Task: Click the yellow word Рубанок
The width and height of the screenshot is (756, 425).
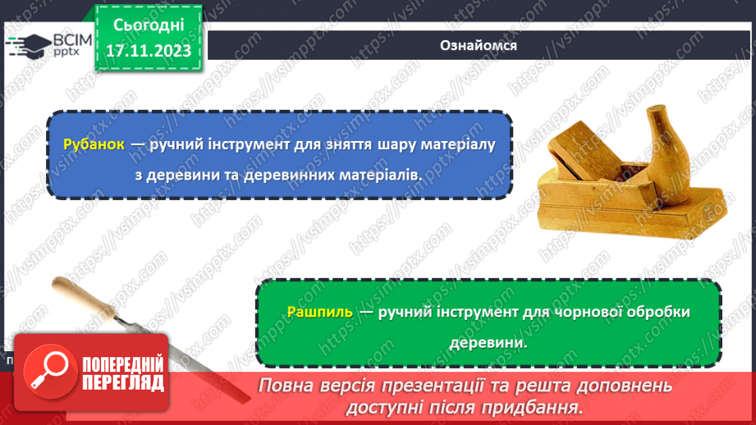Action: pos(94,144)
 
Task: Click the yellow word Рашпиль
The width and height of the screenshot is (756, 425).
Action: pos(320,312)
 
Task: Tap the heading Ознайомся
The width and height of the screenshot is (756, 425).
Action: pos(478,45)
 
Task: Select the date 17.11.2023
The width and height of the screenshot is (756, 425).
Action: pos(149,51)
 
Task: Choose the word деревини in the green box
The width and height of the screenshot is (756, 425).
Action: pos(488,345)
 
